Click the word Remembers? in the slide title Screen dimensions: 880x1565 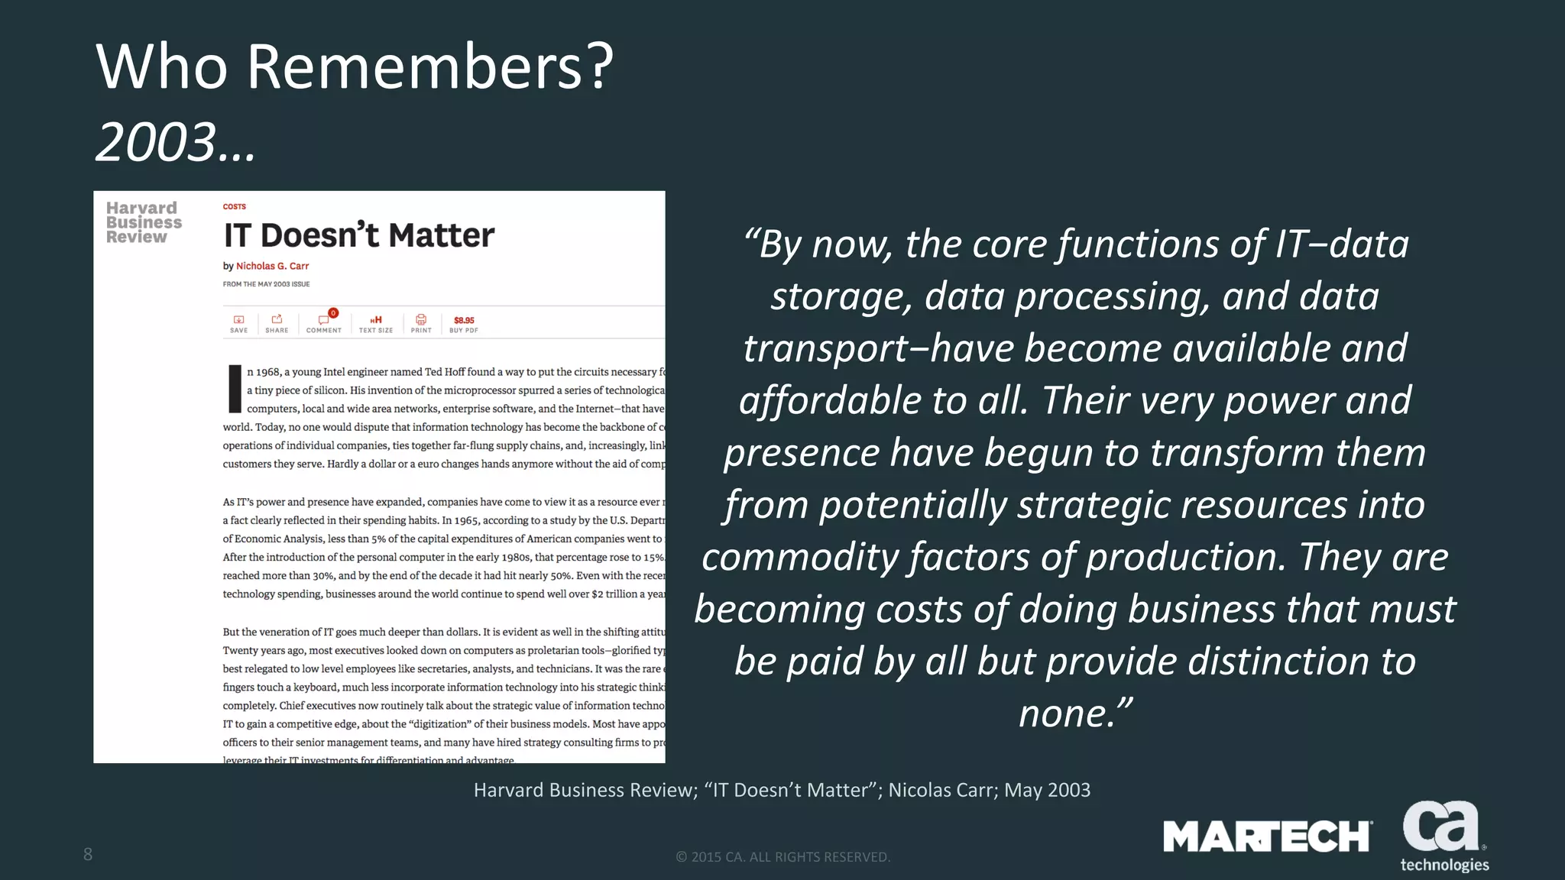tap(430, 67)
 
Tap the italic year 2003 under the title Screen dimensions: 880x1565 tap(157, 143)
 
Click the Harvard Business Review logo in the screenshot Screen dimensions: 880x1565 tap(144, 222)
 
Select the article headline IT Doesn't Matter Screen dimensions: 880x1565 tap(358, 235)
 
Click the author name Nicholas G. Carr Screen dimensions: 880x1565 tap(272, 266)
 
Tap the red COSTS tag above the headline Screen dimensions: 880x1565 tap(234, 206)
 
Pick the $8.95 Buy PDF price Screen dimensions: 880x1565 tap(464, 321)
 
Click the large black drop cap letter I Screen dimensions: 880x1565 tap(235, 389)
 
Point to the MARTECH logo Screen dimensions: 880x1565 tap(1267, 836)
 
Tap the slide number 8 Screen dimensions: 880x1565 tap(88, 854)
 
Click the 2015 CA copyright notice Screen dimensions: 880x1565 tap(783, 857)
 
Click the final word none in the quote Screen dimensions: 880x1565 tap(1063, 713)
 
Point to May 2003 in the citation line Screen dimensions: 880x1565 tap(1047, 790)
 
